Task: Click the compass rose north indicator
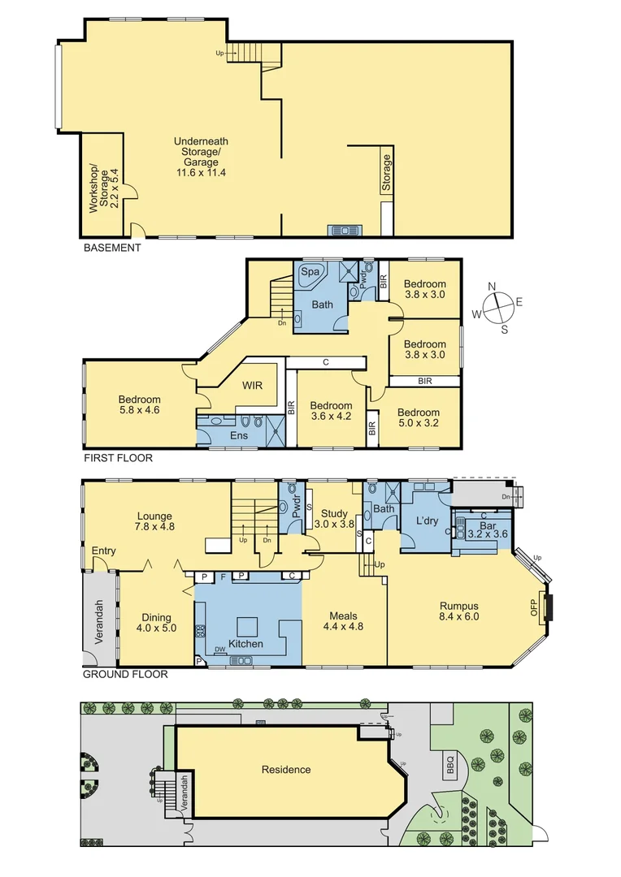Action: [x=491, y=287]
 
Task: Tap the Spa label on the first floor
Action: [x=310, y=272]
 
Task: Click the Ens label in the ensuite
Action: [x=239, y=436]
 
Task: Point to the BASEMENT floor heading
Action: [x=112, y=248]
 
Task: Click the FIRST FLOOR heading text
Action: [x=118, y=458]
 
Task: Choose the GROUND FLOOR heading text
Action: [x=125, y=674]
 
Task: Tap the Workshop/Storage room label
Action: [x=103, y=188]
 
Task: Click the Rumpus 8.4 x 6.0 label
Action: [x=459, y=610]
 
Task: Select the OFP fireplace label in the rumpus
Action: [x=535, y=608]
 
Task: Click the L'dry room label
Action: [x=427, y=520]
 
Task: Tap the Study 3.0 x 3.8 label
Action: [x=334, y=519]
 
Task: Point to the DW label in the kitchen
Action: [x=219, y=649]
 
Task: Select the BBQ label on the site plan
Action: [x=451, y=763]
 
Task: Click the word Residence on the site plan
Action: [x=285, y=770]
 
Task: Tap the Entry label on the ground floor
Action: [x=103, y=551]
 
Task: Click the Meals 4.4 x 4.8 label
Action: [x=344, y=621]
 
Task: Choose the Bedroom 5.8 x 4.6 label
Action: [x=139, y=405]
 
